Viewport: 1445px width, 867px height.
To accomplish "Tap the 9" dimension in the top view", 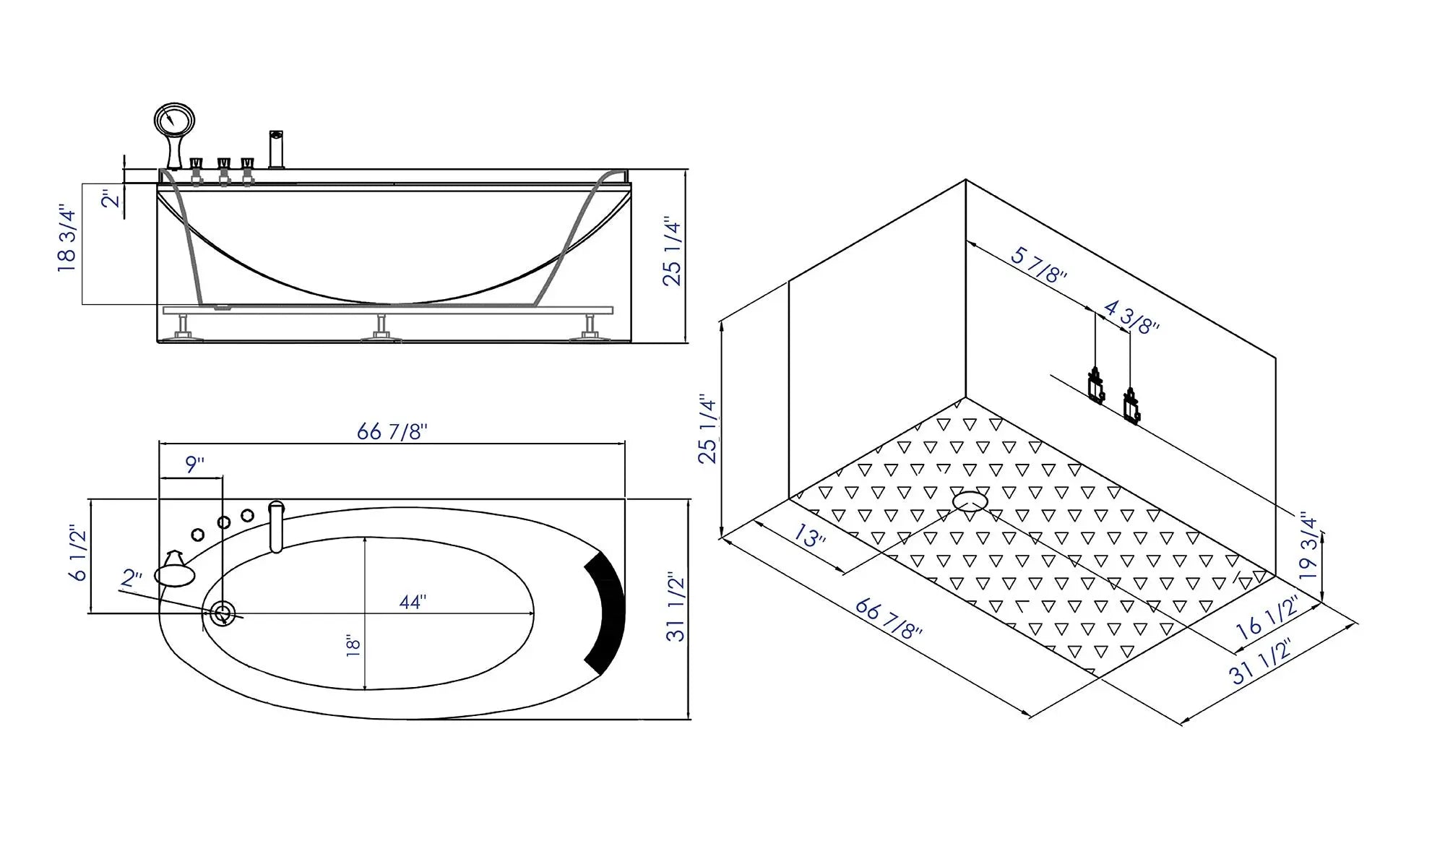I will [x=194, y=465].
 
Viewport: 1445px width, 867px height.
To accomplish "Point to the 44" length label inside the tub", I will [x=413, y=602].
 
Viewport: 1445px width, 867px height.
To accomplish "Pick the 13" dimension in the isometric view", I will [x=809, y=536].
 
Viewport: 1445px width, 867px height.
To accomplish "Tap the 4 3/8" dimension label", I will [x=1131, y=317].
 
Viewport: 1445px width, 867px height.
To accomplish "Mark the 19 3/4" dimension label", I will [x=1308, y=547].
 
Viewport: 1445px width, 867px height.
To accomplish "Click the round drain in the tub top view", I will [x=223, y=614].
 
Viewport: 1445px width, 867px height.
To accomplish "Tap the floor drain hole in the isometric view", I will [x=970, y=501].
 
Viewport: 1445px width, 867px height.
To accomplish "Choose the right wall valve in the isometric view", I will [x=1131, y=406].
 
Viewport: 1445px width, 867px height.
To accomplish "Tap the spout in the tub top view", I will [x=276, y=526].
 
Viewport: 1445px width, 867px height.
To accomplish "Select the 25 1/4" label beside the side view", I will [x=672, y=251].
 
